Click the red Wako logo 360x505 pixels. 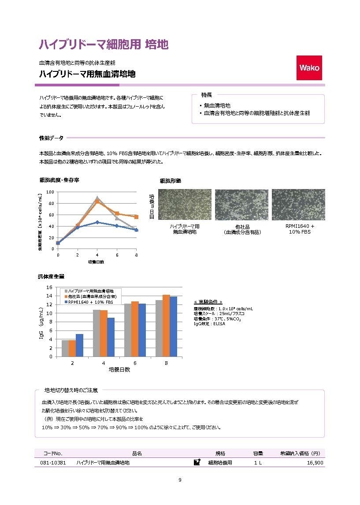click(x=309, y=67)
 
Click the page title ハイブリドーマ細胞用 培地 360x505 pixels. click(x=104, y=44)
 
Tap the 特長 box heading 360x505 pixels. click(x=207, y=95)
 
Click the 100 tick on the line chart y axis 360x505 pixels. click(x=50, y=192)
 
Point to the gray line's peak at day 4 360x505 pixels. click(x=97, y=198)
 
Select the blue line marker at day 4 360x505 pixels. click(x=97, y=222)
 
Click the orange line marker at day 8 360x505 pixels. click(x=136, y=217)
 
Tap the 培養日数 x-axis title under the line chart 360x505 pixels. click(x=96, y=262)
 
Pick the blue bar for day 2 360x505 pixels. click(x=79, y=345)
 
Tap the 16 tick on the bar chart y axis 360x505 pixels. click(x=49, y=287)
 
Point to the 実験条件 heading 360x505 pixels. click(x=211, y=302)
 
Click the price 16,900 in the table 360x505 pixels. click(x=315, y=463)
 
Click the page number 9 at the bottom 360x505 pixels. click(x=180, y=480)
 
